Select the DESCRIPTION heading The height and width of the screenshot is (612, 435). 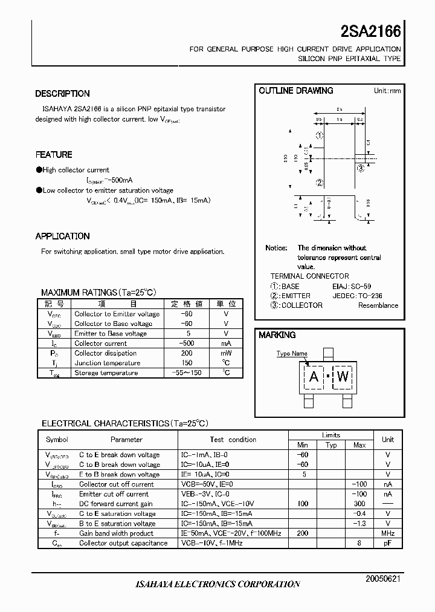[62, 94]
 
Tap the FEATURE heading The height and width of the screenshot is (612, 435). [54, 155]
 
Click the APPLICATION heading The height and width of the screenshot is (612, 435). [62, 236]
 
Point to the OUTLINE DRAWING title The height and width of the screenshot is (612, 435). [296, 91]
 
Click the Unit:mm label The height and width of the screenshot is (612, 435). [387, 91]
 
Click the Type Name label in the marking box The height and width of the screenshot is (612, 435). [292, 354]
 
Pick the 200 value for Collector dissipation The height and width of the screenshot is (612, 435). [187, 353]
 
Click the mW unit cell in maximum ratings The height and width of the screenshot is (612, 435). [226, 353]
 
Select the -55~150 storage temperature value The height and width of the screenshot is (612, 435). [187, 373]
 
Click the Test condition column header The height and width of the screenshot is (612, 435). [233, 440]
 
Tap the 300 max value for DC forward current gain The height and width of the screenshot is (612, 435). [359, 504]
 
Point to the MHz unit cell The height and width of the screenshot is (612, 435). [387, 533]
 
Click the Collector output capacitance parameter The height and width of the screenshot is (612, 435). [123, 543]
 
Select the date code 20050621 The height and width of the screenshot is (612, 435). [383, 579]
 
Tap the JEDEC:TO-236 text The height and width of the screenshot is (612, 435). [357, 296]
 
